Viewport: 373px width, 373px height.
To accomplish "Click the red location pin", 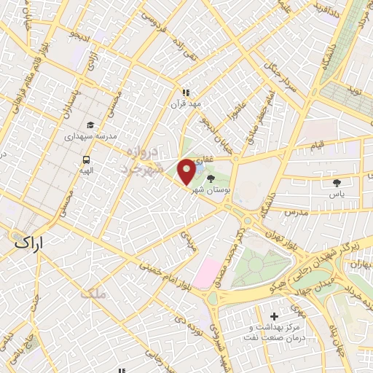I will click(x=187, y=171).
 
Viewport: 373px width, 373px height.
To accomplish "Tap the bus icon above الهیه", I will click(x=87, y=160).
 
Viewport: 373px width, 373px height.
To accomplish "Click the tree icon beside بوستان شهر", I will click(x=211, y=178).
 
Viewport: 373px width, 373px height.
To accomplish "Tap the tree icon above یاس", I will click(x=336, y=184).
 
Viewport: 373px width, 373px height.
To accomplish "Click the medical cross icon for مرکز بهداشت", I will click(x=274, y=316).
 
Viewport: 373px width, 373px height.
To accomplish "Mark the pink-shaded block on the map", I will click(x=208, y=272).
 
